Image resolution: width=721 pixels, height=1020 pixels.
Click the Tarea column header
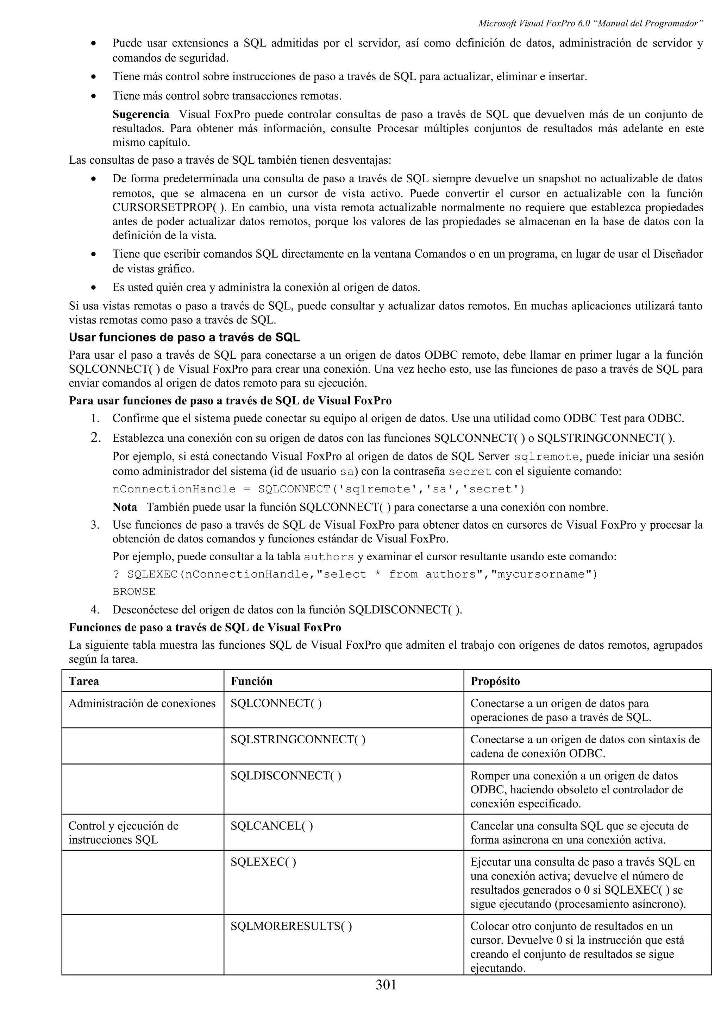[x=84, y=681]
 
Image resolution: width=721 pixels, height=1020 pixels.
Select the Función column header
[x=251, y=681]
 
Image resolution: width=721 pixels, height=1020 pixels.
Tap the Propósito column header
[x=495, y=681]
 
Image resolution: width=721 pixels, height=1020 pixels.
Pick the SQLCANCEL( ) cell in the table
[x=271, y=826]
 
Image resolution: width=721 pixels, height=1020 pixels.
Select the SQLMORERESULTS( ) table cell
[x=291, y=926]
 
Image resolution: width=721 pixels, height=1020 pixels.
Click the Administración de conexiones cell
[x=142, y=703]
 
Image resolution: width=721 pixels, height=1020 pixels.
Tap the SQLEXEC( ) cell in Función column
[x=263, y=862]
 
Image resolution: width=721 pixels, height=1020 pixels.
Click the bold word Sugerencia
[x=140, y=115]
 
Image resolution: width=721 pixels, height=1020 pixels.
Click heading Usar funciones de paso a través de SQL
[x=184, y=338]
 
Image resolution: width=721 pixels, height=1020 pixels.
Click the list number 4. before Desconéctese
[x=95, y=610]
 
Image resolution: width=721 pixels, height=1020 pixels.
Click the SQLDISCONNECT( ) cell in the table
[x=286, y=776]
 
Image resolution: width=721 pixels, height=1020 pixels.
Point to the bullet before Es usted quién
[x=93, y=288]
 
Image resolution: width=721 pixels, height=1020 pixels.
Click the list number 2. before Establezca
[x=95, y=438]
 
